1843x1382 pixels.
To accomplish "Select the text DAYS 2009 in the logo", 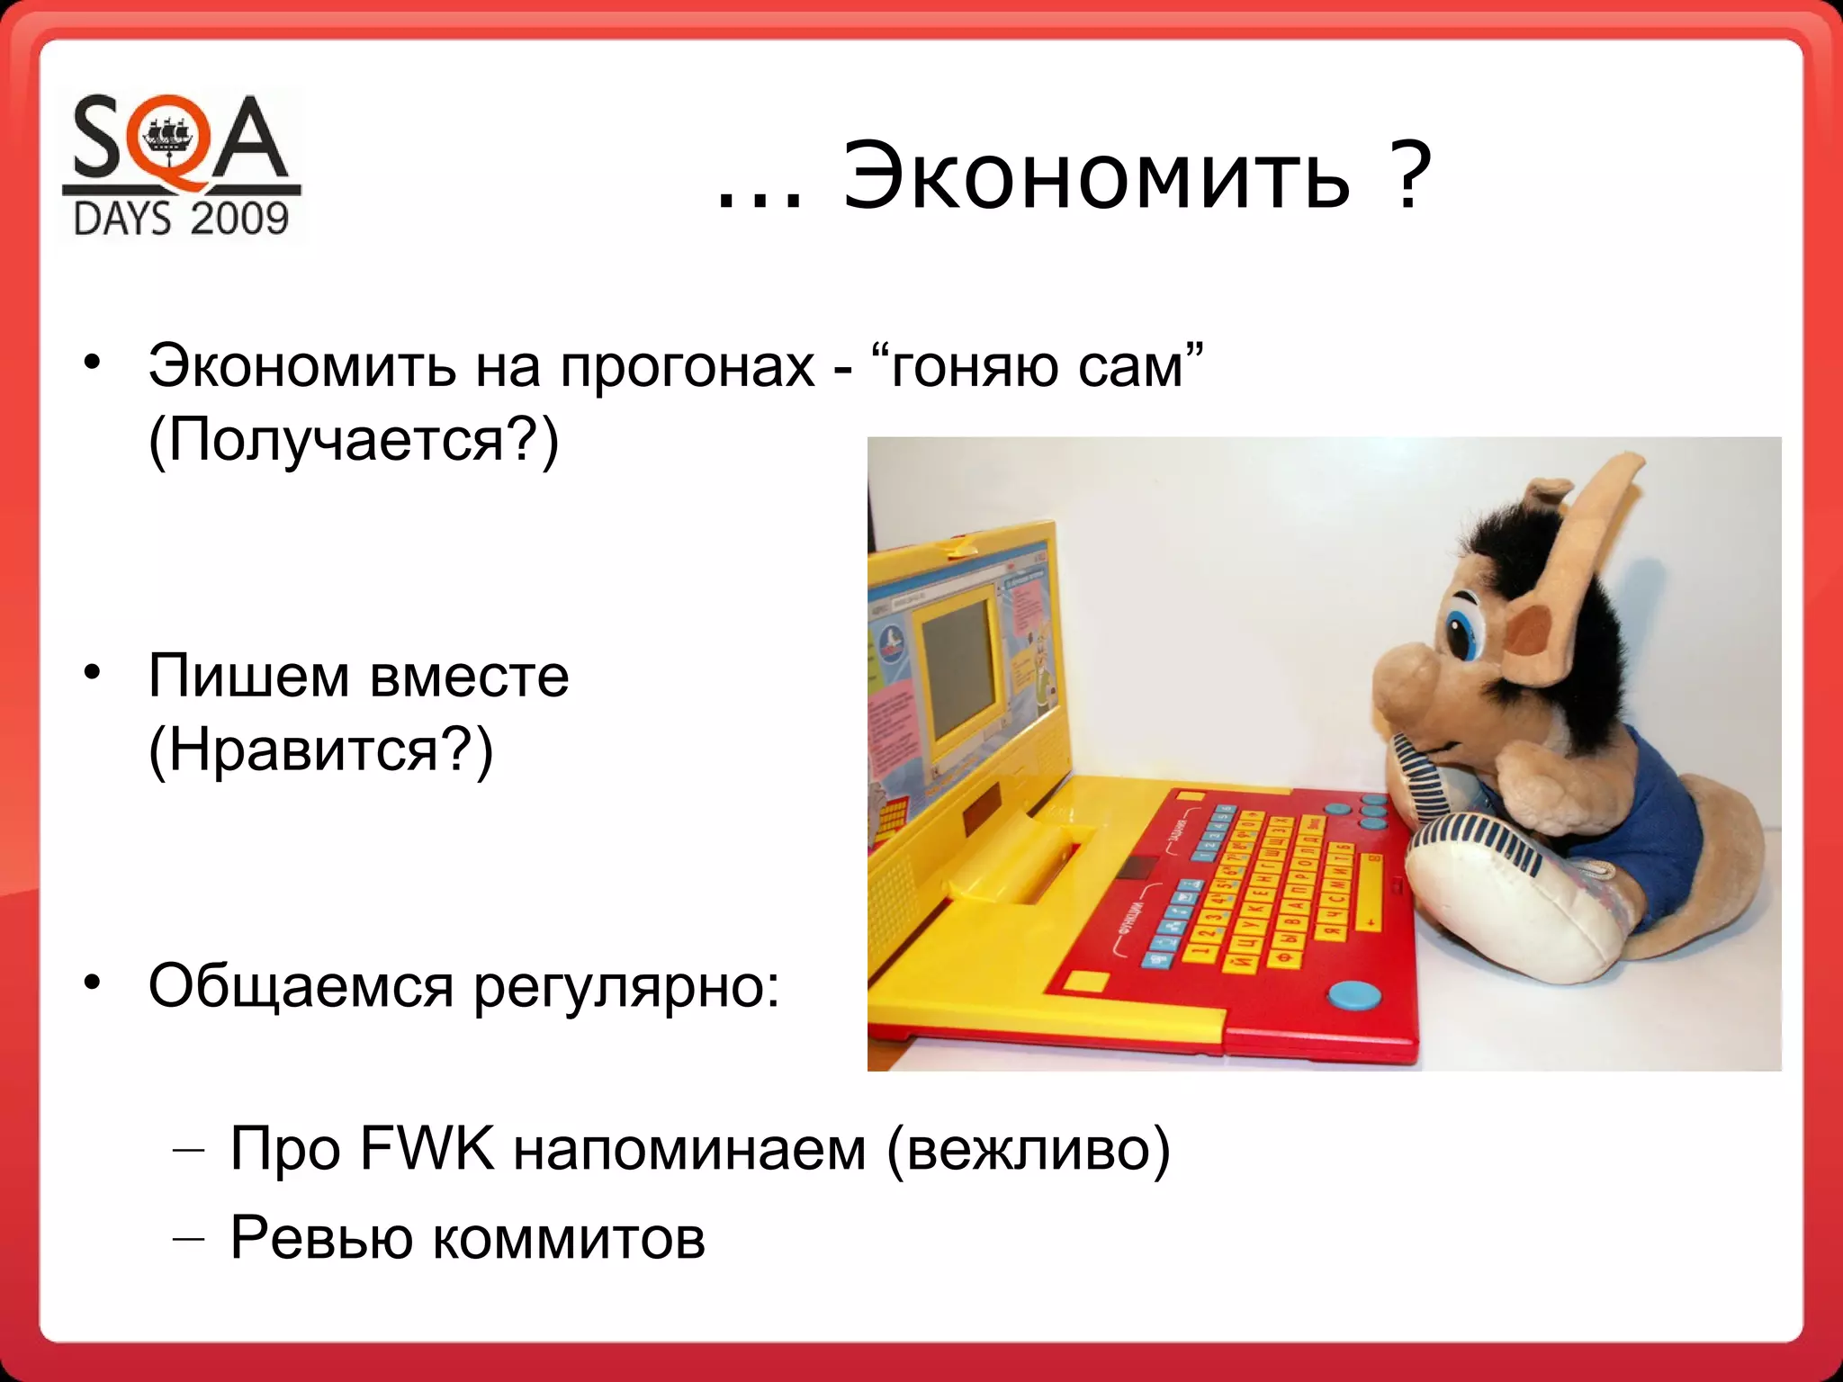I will tap(181, 219).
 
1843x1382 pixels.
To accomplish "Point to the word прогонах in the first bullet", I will tap(688, 367).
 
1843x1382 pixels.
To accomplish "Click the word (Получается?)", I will tap(353, 441).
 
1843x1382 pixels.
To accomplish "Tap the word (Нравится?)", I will tap(320, 749).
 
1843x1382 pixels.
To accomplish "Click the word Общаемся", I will tap(301, 987).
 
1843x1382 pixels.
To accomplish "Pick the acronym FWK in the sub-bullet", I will tap(427, 1149).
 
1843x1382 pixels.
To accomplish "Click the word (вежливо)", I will tap(1028, 1149).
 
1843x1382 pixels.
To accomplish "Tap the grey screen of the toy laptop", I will tap(958, 666).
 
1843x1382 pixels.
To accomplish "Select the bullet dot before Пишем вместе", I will tap(91, 673).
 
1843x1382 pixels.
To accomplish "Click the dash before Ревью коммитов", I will tap(188, 1239).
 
